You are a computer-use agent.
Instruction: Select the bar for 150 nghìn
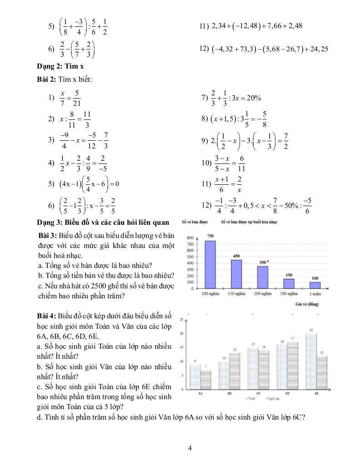click(236, 274)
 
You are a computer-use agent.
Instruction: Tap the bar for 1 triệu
click(315, 285)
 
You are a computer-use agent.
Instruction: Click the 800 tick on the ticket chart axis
click(190, 237)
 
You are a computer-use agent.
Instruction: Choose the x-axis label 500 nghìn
click(289, 294)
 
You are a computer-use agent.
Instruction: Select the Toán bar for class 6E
click(311, 361)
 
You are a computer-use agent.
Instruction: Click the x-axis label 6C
click(258, 393)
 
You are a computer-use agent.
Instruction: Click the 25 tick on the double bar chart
click(182, 320)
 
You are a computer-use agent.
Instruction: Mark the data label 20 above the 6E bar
click(311, 330)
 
